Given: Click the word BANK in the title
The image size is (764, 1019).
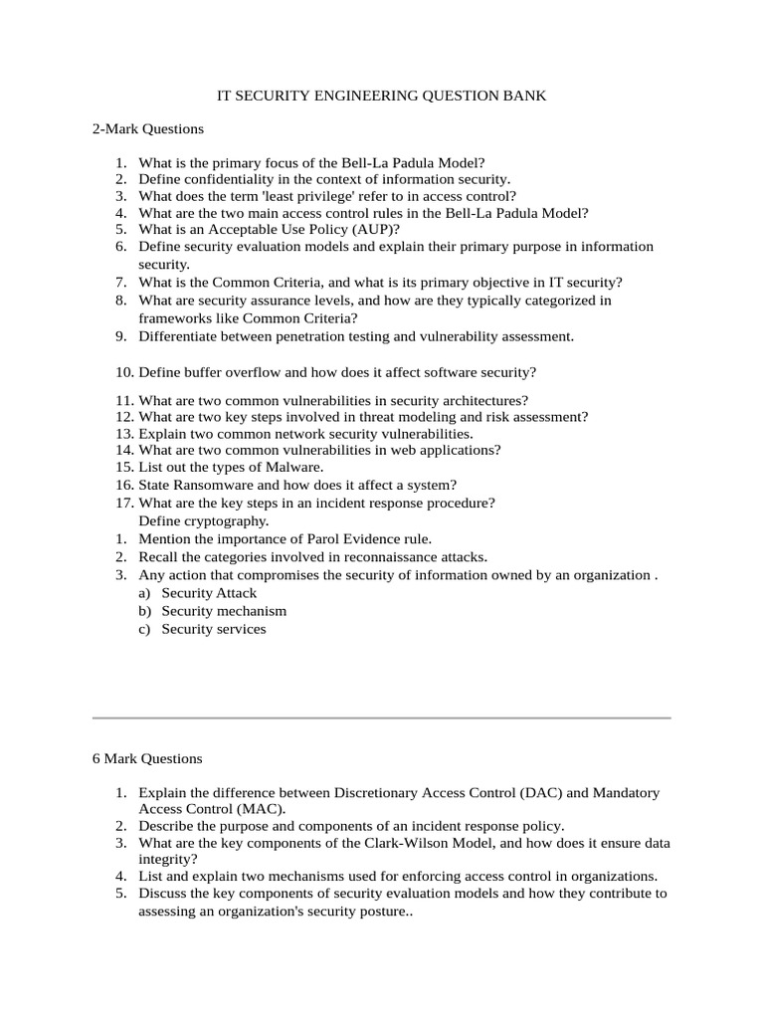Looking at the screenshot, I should [524, 96].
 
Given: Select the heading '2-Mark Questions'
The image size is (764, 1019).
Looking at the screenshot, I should [147, 128].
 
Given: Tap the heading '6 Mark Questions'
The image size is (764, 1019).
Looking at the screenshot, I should [146, 758].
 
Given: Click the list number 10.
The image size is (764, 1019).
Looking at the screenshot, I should [124, 372].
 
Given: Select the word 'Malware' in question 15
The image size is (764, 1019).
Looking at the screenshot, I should [294, 467].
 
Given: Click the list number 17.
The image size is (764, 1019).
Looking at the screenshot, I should [124, 504].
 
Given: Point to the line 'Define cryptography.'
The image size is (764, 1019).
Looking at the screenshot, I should [203, 520].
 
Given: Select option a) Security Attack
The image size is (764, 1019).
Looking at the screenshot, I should [209, 593].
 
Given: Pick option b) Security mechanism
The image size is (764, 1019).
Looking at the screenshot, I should [224, 611].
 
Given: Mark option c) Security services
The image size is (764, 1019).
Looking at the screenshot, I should [214, 629].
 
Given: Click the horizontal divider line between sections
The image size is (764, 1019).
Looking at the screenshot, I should [382, 716].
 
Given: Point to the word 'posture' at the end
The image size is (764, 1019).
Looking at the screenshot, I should [373, 912].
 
